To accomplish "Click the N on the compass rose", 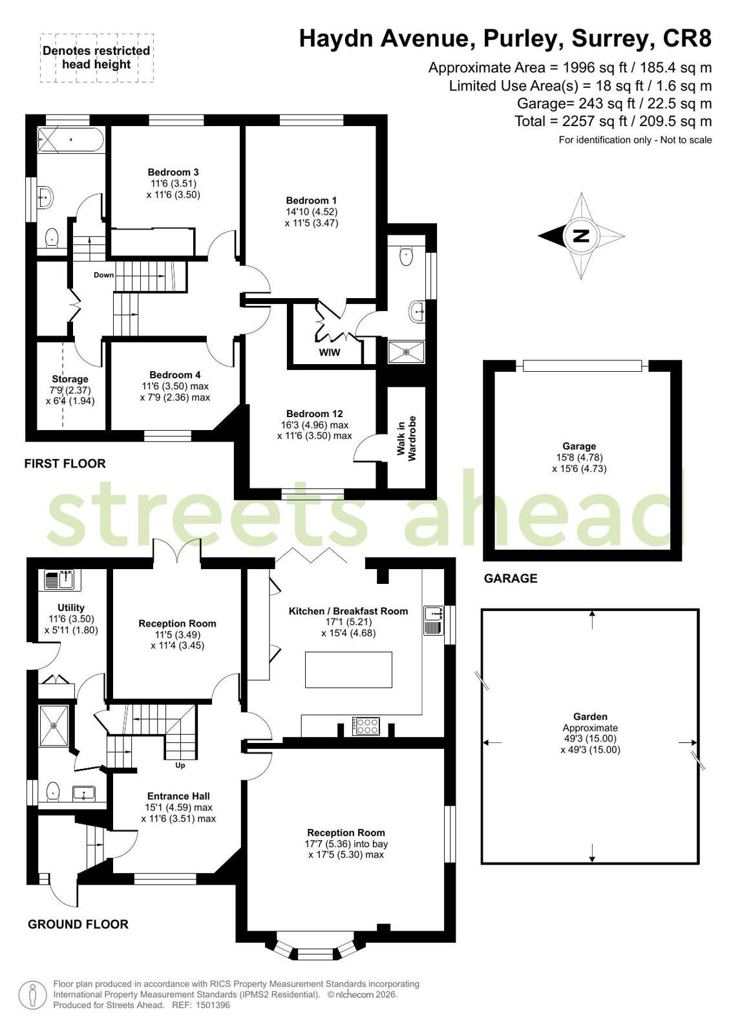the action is click(x=582, y=236).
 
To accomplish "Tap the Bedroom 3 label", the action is click(x=173, y=172).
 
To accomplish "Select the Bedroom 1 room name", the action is click(x=311, y=200).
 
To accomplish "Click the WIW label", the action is click(x=330, y=352).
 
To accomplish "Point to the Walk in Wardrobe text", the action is click(x=407, y=438).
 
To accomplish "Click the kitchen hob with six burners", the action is click(x=366, y=726).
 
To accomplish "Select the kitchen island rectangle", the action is click(x=348, y=670).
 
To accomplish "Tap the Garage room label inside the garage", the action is click(x=579, y=446).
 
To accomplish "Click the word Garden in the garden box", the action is click(x=590, y=716).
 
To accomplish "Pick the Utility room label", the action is click(x=71, y=607).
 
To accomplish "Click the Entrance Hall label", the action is click(x=178, y=796).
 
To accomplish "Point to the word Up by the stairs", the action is click(x=180, y=766).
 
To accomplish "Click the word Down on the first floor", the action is click(x=104, y=275).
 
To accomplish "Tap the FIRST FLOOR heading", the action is click(x=65, y=464).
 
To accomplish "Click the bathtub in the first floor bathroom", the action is click(x=71, y=139).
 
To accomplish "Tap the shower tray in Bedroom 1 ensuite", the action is click(x=407, y=352).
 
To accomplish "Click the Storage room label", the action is click(x=70, y=379).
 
